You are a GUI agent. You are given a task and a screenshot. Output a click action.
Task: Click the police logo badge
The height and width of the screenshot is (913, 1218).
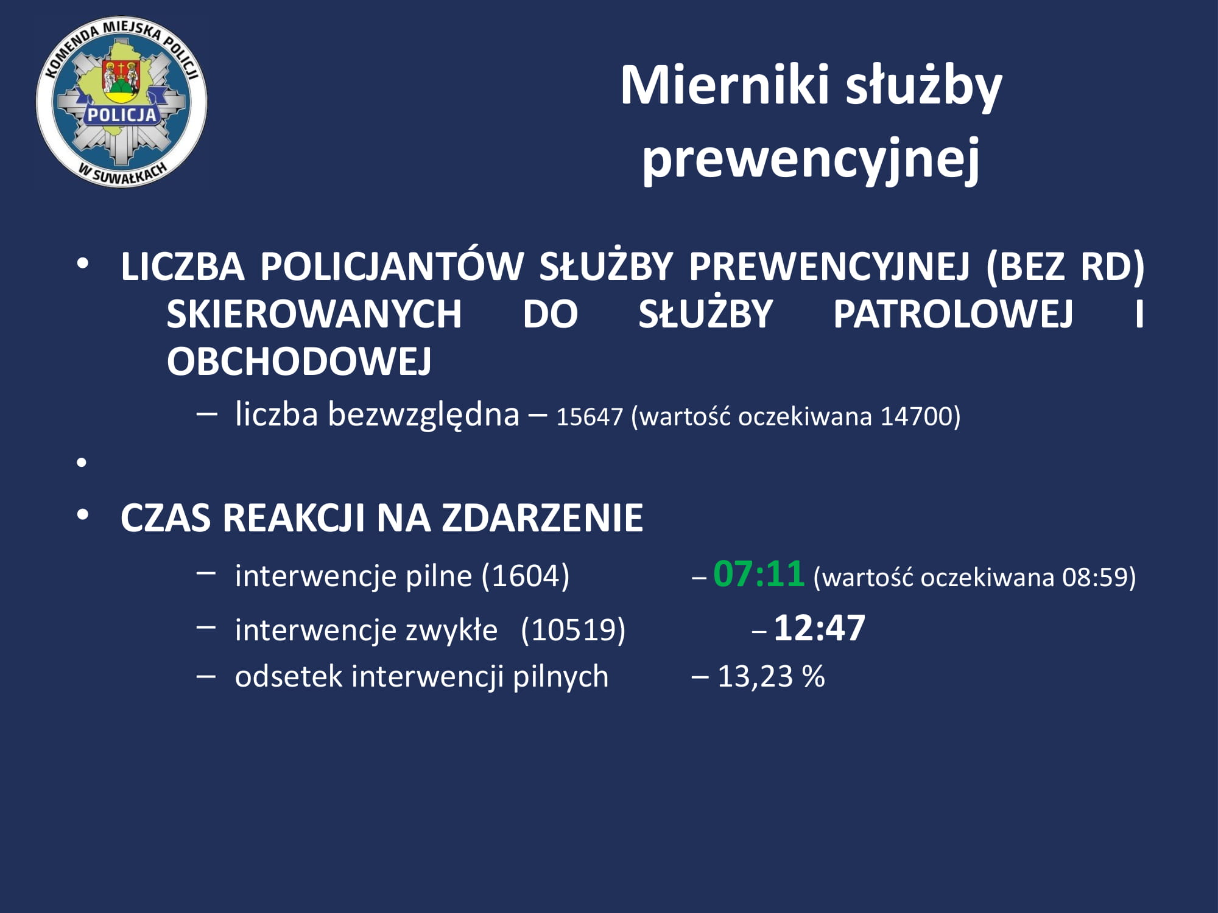[122, 102]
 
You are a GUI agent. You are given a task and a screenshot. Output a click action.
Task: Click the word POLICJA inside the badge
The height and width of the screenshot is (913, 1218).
[122, 114]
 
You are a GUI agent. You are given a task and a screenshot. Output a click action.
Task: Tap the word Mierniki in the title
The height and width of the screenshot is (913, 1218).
[725, 85]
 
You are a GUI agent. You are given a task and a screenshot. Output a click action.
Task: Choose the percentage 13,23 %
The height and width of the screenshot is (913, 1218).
[771, 676]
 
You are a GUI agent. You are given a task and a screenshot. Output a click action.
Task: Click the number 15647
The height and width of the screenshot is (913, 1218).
[590, 417]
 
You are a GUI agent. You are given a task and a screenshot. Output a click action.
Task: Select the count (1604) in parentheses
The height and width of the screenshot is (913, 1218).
[525, 576]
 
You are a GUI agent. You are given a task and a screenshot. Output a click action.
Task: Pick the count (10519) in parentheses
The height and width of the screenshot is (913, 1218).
[573, 629]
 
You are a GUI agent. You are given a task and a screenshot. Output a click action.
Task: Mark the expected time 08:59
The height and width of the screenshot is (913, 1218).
[1094, 577]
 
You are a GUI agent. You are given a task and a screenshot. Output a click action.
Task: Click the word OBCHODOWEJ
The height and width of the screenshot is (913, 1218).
[299, 362]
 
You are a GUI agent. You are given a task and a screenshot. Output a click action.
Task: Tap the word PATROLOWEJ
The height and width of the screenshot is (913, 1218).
[952, 314]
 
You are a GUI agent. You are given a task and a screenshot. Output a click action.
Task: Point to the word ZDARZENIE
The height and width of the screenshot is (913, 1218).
[542, 518]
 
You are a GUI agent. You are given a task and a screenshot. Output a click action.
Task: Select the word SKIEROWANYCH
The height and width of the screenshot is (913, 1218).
[314, 314]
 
